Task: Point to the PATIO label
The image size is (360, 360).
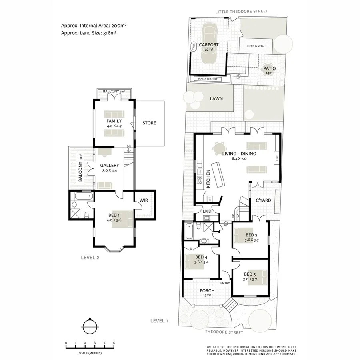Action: pos(269,69)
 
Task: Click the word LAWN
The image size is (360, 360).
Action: pos(216,99)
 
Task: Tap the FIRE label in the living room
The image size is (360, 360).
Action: pos(276,159)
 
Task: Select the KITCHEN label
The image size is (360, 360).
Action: pos(208,178)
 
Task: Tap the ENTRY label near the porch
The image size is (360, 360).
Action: pos(225,283)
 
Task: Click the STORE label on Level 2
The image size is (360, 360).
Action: pos(149,123)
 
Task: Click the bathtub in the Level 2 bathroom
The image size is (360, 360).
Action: pos(82,197)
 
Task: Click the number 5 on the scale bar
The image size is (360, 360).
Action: pos(114,343)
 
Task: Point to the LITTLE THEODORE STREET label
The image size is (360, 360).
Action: pos(241,12)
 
